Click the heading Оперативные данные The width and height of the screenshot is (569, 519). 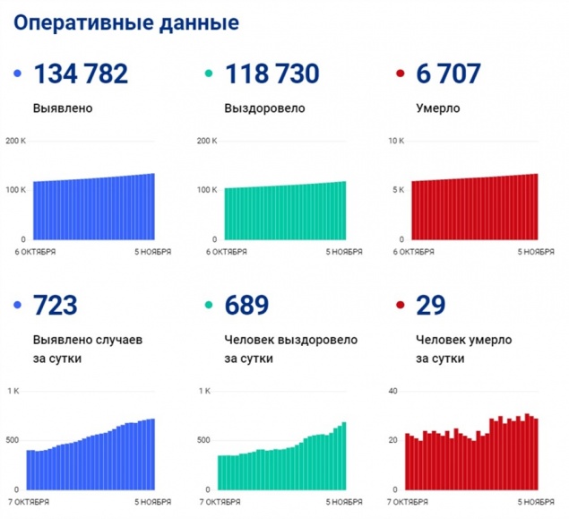(125, 22)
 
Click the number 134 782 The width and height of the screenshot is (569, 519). (81, 74)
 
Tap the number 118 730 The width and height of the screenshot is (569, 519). (272, 74)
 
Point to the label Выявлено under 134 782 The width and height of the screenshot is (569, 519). (64, 108)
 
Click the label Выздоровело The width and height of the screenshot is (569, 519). (264, 108)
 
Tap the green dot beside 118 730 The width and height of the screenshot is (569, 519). (210, 74)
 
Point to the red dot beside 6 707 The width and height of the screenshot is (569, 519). (401, 74)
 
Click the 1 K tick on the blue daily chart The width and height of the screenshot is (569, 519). (14, 392)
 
